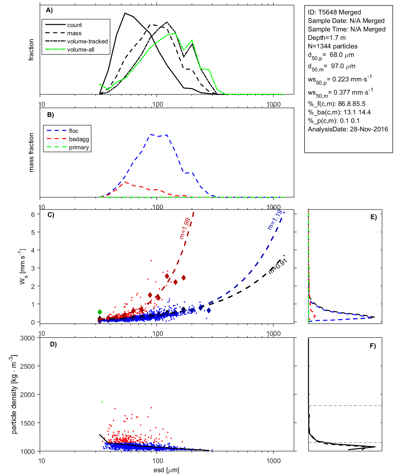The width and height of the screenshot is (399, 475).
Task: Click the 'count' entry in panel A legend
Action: [x=74, y=25]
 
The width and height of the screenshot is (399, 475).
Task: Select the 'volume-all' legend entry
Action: [x=80, y=50]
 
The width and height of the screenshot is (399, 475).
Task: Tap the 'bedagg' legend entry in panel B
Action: [x=79, y=139]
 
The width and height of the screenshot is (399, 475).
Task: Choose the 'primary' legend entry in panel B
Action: [x=79, y=147]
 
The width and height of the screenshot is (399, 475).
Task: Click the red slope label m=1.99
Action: [x=185, y=228]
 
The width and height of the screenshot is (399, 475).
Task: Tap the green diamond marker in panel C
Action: [x=100, y=312]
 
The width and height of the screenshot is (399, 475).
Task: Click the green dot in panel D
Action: [x=101, y=402]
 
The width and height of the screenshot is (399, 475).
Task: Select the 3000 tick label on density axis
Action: [x=27, y=338]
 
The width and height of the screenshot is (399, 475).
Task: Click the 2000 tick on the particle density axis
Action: [x=27, y=395]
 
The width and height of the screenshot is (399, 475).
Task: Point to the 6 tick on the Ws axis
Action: [x=33, y=214]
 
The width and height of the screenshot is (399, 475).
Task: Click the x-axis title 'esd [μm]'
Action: [x=167, y=470]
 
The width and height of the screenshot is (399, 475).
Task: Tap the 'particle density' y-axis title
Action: [x=14, y=395]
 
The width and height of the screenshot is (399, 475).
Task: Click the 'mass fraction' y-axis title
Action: [x=31, y=152]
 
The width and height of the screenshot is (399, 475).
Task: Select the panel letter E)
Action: [x=373, y=217]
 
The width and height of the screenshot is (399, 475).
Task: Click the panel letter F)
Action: [x=373, y=346]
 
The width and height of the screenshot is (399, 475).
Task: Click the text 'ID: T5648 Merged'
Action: [x=334, y=12]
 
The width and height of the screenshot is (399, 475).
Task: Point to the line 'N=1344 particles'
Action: [x=332, y=46]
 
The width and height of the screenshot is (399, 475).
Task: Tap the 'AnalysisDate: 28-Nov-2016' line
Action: [x=348, y=129]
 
